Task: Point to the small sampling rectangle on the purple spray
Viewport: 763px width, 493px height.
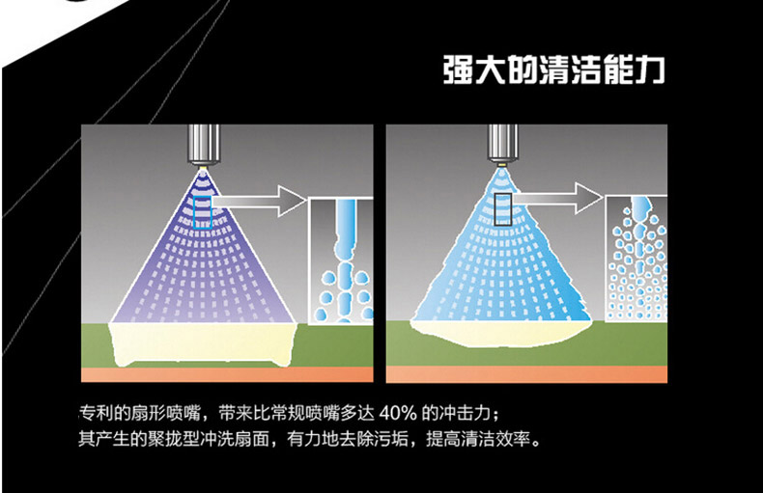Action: [x=202, y=209]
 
